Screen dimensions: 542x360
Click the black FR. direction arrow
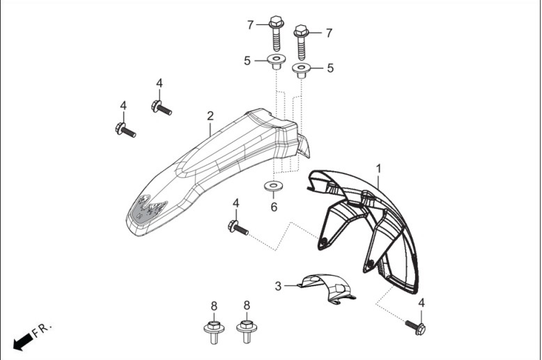point(23,341)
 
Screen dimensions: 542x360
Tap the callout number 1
point(378,169)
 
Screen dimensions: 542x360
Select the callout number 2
point(210,116)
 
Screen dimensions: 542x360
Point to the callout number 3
point(278,286)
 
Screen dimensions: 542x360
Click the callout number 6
point(274,207)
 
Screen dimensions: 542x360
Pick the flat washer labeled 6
point(273,186)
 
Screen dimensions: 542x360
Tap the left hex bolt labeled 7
point(276,33)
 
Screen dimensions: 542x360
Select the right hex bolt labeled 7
point(301,42)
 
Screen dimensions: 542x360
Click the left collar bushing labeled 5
point(277,61)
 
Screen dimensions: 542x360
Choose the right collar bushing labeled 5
point(302,70)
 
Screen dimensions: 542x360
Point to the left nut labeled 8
point(214,332)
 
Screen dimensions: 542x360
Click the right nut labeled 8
point(247,331)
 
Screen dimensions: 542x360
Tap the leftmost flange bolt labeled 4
point(125,130)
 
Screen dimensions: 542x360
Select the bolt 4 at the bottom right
point(415,327)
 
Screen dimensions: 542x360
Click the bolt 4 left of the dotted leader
point(238,228)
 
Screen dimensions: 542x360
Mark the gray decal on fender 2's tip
point(148,209)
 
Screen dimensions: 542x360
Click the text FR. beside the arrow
point(42,329)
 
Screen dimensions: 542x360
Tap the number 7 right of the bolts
point(329,33)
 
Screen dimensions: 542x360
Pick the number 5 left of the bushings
point(247,61)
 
